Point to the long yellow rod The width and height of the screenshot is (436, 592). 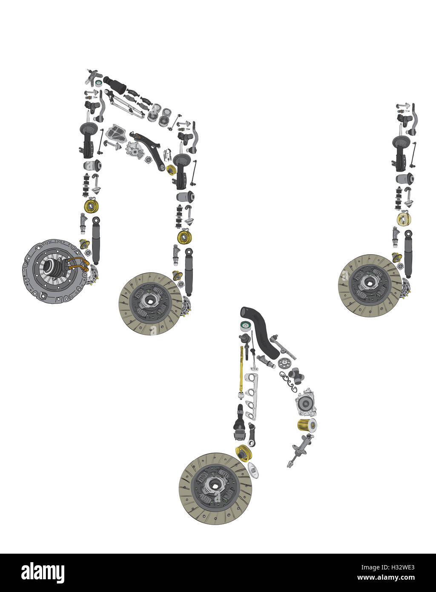[242, 368]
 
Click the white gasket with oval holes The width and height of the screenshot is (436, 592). [251, 396]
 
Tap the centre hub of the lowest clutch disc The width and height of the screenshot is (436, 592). [215, 489]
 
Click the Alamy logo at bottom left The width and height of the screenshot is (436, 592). [43, 573]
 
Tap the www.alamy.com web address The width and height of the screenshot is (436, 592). [386, 578]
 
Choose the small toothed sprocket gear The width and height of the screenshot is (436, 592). [284, 363]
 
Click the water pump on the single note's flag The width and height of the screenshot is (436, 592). [306, 402]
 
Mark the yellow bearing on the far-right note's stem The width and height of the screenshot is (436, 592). [404, 219]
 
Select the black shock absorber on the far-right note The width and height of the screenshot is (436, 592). [408, 253]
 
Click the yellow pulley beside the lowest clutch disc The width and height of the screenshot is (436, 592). [244, 452]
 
